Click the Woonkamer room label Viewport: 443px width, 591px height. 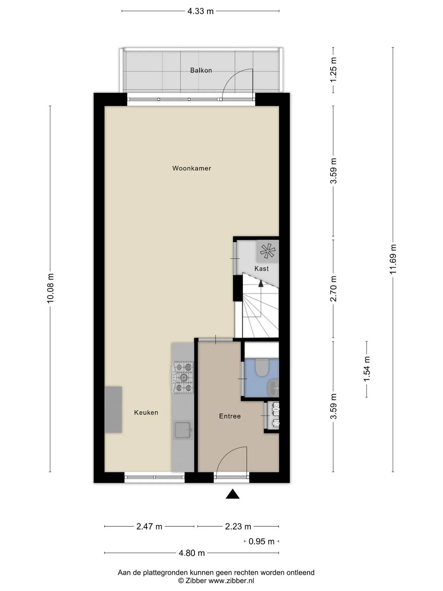192,168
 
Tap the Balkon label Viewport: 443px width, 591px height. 201,70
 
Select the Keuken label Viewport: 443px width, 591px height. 146,412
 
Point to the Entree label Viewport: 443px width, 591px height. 230,416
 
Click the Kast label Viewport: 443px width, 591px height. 261,269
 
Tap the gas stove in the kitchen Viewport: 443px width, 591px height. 183,377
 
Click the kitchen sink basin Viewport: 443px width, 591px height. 183,430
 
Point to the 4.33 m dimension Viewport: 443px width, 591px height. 201,11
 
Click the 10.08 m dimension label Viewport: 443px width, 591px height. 50,288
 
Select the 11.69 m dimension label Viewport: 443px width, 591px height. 393,259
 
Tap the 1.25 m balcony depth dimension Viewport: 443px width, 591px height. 333,70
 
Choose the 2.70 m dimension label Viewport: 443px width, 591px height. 333,289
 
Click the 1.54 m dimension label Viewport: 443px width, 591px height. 367,369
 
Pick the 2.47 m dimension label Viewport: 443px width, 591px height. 149,526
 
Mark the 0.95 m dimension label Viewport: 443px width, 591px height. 261,541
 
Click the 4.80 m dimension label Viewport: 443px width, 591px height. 192,553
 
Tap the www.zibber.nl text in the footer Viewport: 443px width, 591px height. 231,581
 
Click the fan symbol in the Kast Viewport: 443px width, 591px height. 268,251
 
